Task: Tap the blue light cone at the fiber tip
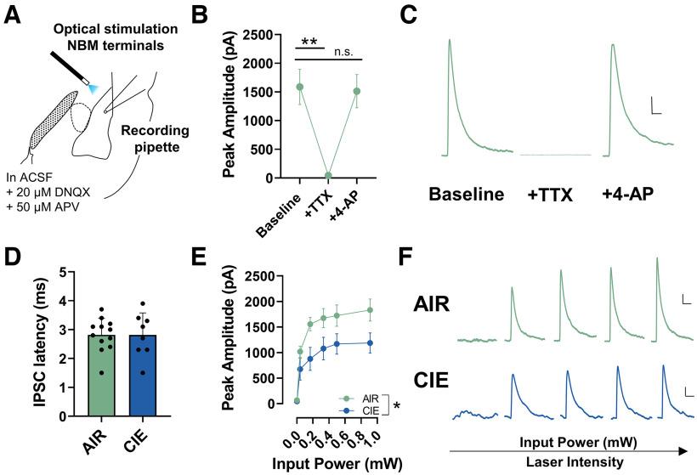coord(91,86)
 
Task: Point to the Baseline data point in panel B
coord(300,87)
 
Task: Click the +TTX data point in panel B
coord(328,176)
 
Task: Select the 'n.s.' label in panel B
coord(343,51)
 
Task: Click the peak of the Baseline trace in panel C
coord(449,39)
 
